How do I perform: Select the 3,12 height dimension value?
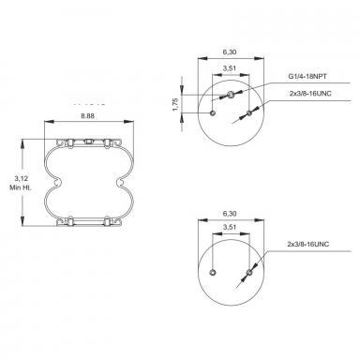21,177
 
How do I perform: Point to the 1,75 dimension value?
175,105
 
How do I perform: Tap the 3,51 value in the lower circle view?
229,228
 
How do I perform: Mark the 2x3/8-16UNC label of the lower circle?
308,246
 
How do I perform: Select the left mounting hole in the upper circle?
214,113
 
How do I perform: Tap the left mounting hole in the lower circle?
213,273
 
